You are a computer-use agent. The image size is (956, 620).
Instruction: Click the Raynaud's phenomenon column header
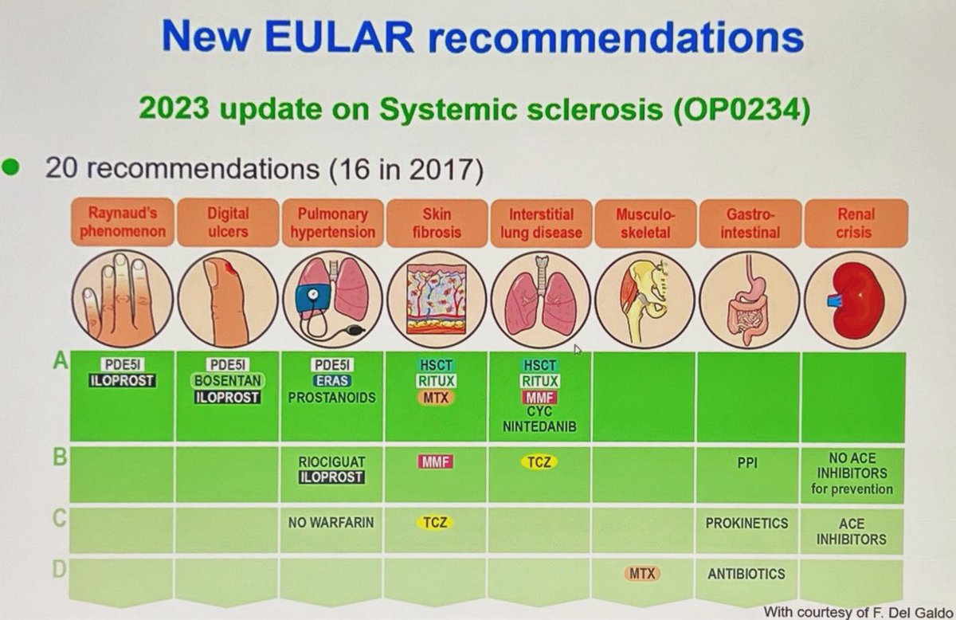122,224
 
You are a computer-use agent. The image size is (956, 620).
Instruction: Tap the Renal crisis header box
854,224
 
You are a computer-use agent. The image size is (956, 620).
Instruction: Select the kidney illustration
855,299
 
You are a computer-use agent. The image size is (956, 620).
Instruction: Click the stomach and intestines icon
749,299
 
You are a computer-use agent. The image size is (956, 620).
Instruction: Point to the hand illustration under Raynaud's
122,299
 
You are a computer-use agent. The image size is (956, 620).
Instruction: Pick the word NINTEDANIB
540,427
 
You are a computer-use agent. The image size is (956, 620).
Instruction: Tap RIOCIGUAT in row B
331,461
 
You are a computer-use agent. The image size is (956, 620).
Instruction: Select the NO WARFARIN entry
331,524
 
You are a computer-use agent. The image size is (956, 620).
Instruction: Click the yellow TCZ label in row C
436,524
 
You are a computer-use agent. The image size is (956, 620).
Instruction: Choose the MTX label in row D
642,573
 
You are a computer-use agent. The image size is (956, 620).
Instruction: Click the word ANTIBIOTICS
746,573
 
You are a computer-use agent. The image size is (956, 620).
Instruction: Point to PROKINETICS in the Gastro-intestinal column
746,524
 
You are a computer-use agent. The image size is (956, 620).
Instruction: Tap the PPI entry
746,461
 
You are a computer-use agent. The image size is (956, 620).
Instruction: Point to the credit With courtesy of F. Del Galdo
854,610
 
